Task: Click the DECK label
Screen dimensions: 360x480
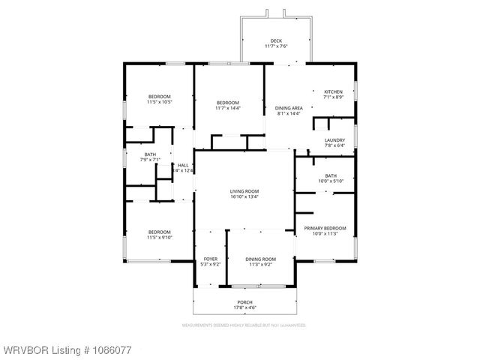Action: coord(276,41)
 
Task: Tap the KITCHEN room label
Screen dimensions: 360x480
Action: coord(333,91)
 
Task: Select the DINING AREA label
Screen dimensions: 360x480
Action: coord(288,108)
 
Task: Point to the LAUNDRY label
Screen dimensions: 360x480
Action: coord(334,140)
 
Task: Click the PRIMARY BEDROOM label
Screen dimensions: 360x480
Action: coord(325,227)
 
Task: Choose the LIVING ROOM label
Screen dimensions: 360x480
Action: coord(244,191)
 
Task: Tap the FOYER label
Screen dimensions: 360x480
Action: coord(211,259)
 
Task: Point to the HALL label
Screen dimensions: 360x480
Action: coord(183,165)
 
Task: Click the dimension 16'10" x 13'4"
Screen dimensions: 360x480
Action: coord(244,197)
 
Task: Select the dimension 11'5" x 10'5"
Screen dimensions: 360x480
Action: coord(159,102)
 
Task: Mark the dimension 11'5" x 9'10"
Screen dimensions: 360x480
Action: coord(159,238)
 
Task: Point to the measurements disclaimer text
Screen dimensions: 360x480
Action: coord(244,325)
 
